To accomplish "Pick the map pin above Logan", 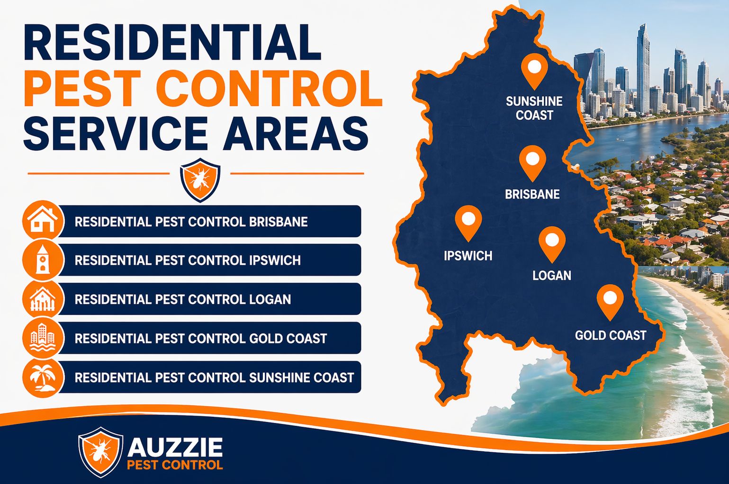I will [x=552, y=242].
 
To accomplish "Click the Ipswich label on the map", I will [x=468, y=256].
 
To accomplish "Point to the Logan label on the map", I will [x=552, y=276].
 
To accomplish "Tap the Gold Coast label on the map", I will [x=611, y=335].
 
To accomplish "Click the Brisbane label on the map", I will [x=532, y=194].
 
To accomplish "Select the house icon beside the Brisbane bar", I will [x=43, y=221].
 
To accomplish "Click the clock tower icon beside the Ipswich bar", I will [x=43, y=260].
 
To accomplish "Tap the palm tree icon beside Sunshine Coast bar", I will [x=43, y=377].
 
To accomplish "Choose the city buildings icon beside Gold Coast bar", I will [x=43, y=338].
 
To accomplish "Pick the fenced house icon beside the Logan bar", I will [x=43, y=299].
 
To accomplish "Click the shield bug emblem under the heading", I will [x=200, y=179].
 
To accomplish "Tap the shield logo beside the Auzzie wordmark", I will [x=100, y=452].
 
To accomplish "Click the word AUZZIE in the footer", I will [x=175, y=447].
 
